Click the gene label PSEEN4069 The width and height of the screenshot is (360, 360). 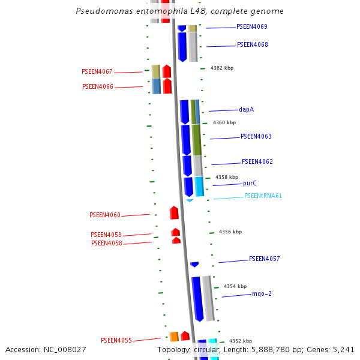[252, 27]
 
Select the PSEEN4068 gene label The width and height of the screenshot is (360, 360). [253, 45]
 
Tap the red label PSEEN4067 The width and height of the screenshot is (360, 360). [97, 72]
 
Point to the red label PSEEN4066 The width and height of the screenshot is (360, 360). [97, 87]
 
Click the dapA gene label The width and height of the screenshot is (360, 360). [247, 110]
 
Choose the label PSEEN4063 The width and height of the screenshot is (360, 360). [256, 137]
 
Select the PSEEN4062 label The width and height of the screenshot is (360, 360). [257, 162]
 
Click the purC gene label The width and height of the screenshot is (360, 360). [250, 184]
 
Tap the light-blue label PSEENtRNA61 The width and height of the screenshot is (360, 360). [263, 196]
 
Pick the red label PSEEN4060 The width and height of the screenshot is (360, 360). [105, 215]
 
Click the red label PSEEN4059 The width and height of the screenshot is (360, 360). [106, 235]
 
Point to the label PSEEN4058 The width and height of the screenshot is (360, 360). [107, 244]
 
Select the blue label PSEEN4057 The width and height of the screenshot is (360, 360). [265, 259]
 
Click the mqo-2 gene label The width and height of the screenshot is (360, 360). [262, 294]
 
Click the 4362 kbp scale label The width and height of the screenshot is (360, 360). [222, 68]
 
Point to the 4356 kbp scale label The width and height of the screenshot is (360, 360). [230, 232]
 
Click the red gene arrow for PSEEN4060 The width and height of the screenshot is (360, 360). [174, 213]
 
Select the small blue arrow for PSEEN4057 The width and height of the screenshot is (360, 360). [194, 264]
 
